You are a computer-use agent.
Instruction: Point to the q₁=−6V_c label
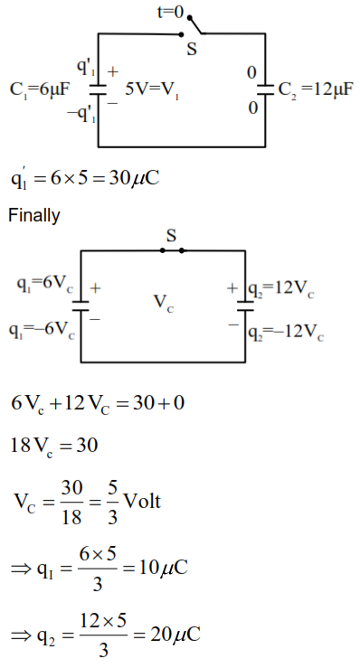click(42, 330)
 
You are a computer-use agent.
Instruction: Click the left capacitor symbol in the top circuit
click(99, 89)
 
